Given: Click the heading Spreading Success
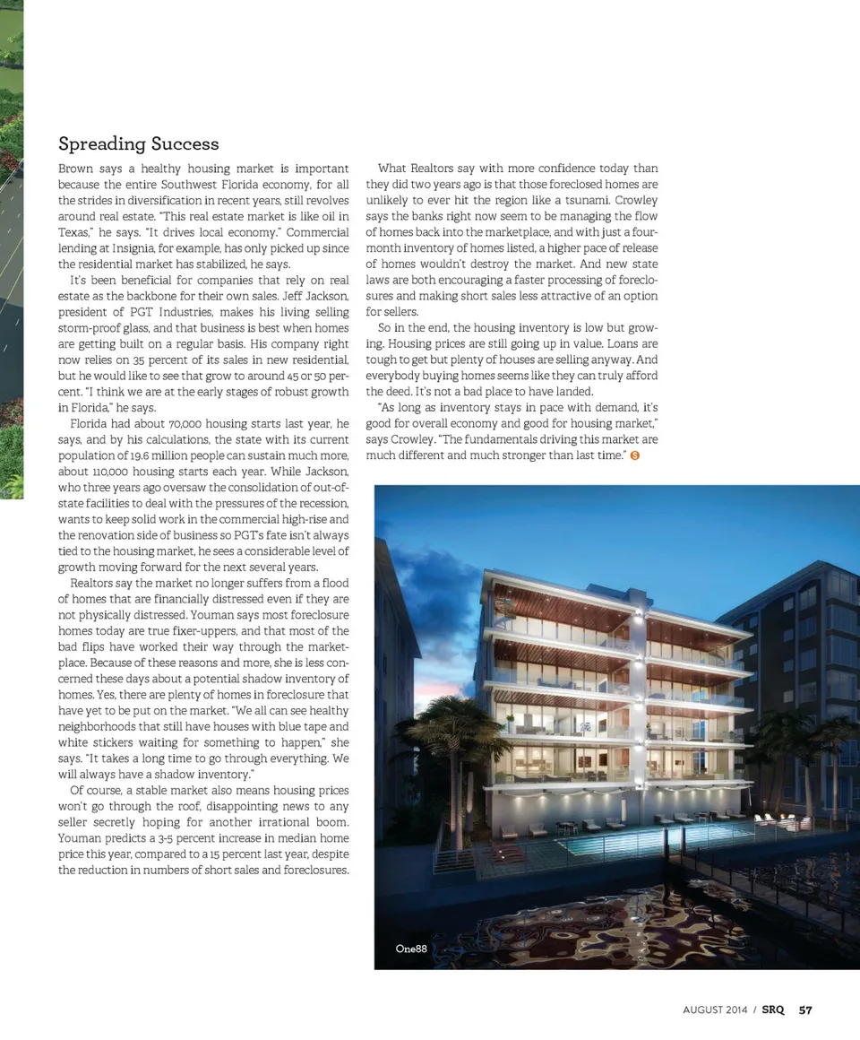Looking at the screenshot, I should [138, 143].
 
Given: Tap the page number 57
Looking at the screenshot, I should [805, 1010].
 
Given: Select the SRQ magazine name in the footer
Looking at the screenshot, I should [773, 1010].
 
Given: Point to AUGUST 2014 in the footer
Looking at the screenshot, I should [714, 1010].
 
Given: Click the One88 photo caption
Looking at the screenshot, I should [411, 949].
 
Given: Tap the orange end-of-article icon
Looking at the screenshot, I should [635, 455].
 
